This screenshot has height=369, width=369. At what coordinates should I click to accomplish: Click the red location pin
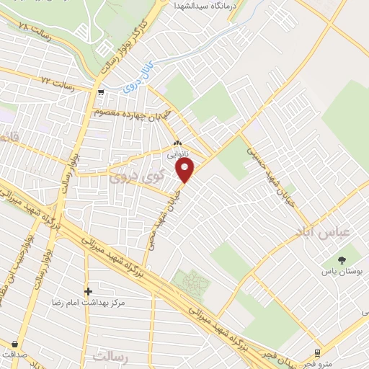pos(185,170)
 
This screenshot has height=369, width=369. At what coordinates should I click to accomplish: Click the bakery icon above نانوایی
pos(177,143)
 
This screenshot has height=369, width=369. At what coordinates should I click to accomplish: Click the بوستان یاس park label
pos(342,272)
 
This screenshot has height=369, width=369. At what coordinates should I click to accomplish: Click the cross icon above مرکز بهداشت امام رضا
pos(88,292)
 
